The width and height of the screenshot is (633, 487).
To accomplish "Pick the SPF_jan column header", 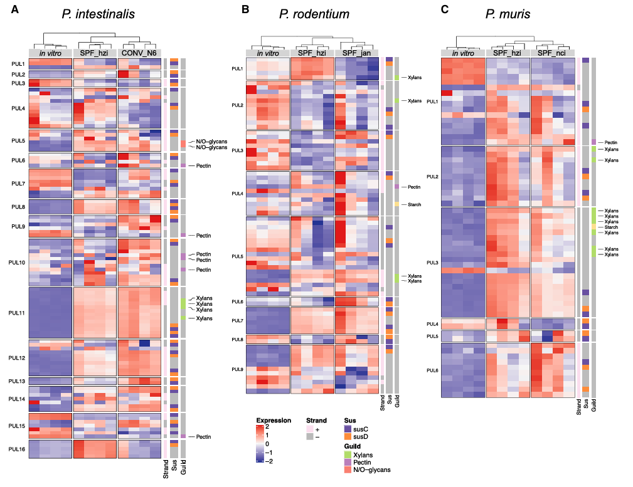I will pyautogui.click(x=356, y=53).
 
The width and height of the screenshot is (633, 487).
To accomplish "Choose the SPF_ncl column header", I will pyautogui.click(x=552, y=53).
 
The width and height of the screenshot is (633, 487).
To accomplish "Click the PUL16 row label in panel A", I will pyautogui.click(x=17, y=449).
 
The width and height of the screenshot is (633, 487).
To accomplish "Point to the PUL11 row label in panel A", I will pyautogui.click(x=17, y=313).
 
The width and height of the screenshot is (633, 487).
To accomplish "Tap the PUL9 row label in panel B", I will pyautogui.click(x=237, y=369).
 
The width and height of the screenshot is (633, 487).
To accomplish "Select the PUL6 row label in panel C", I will pyautogui.click(x=432, y=370).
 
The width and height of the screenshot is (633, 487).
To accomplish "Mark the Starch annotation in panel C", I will pyautogui.click(x=611, y=227).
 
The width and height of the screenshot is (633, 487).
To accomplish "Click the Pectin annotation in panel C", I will pyautogui.click(x=611, y=143).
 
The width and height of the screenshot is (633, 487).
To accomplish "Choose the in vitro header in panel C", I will pyautogui.click(x=463, y=53).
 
